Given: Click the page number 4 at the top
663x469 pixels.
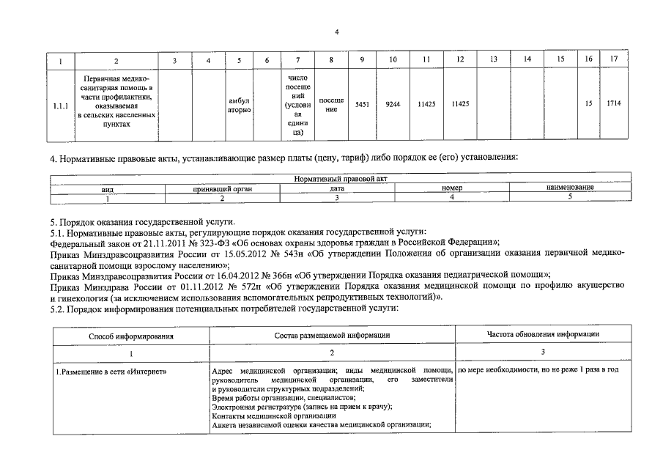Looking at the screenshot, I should pyautogui.click(x=336, y=32).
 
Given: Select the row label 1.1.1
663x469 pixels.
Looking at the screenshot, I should pyautogui.click(x=61, y=104).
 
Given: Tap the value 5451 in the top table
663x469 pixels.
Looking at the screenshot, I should pyautogui.click(x=362, y=104).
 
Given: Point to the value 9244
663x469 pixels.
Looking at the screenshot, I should pyautogui.click(x=393, y=104).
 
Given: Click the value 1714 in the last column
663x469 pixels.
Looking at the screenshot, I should pyautogui.click(x=614, y=104).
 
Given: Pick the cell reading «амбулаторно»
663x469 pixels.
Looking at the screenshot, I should pyautogui.click(x=239, y=104).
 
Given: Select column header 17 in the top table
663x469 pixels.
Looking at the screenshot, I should pyautogui.click(x=614, y=59).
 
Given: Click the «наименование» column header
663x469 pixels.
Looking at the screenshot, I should pyautogui.click(x=570, y=188).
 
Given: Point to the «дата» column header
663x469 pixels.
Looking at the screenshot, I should pyautogui.click(x=337, y=188).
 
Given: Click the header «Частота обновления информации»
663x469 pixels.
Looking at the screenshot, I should pyautogui.click(x=544, y=334).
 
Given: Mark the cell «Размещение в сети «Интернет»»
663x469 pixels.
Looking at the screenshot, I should pyautogui.click(x=112, y=370).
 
